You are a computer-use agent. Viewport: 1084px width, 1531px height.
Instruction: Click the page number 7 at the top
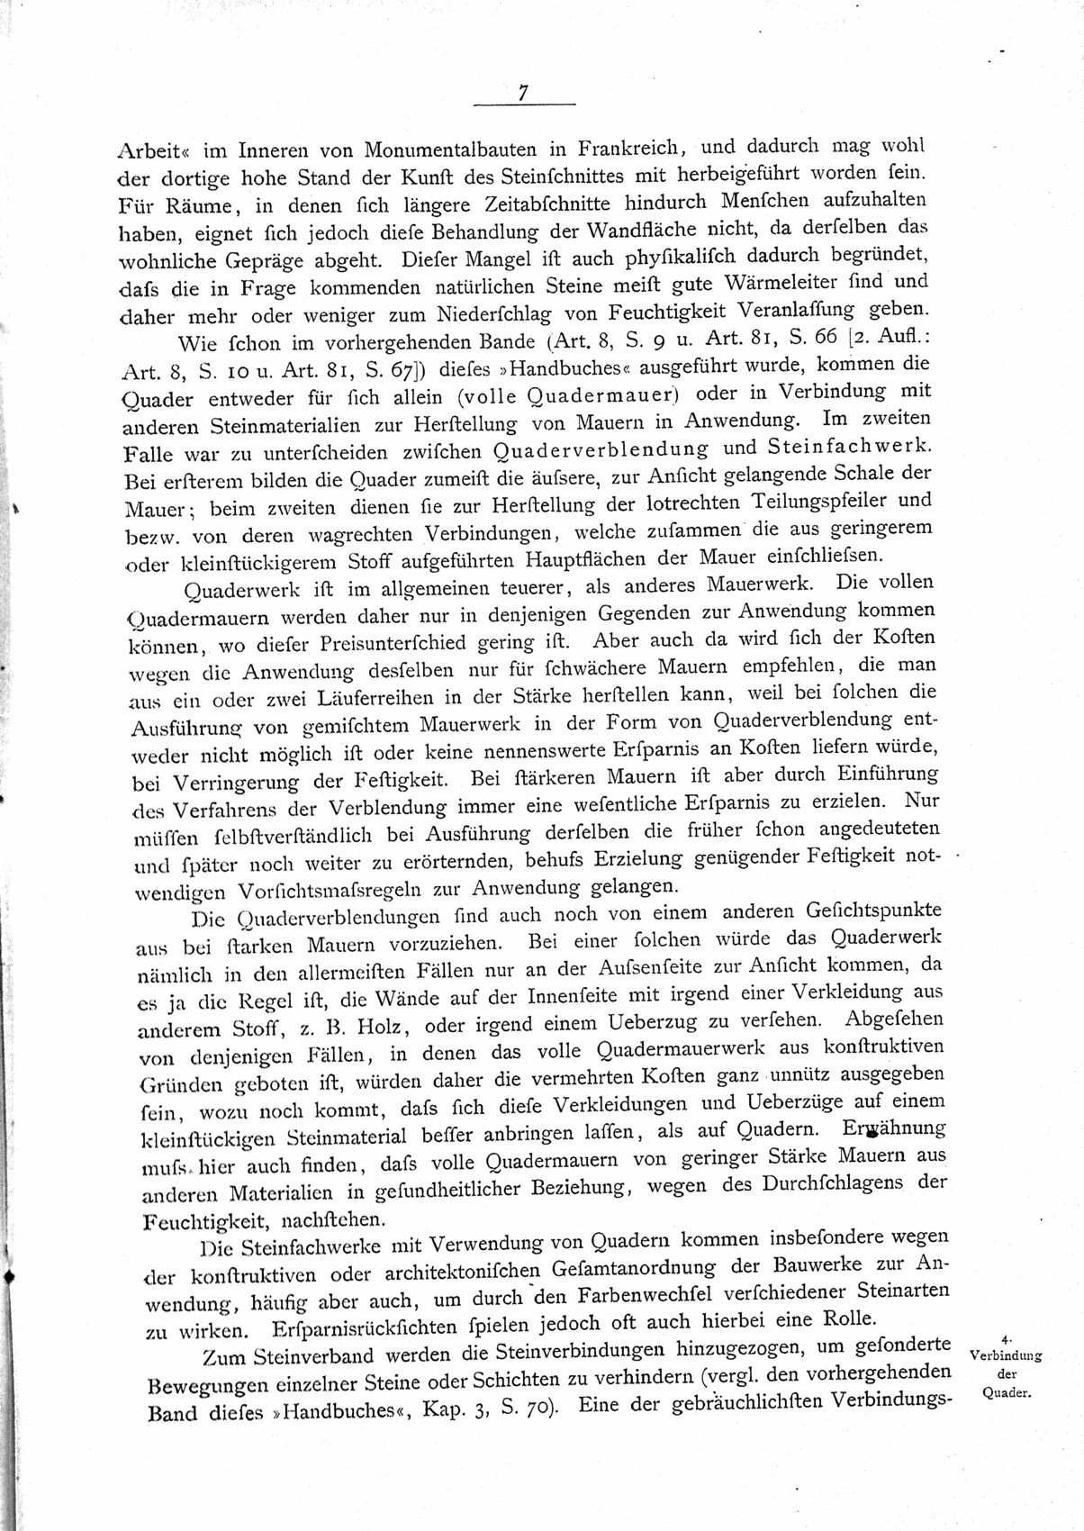coord(523,93)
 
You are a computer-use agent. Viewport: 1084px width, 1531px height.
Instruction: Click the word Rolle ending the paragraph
coord(850,1320)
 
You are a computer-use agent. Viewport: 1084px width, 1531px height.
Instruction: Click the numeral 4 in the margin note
coord(1005,1342)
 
